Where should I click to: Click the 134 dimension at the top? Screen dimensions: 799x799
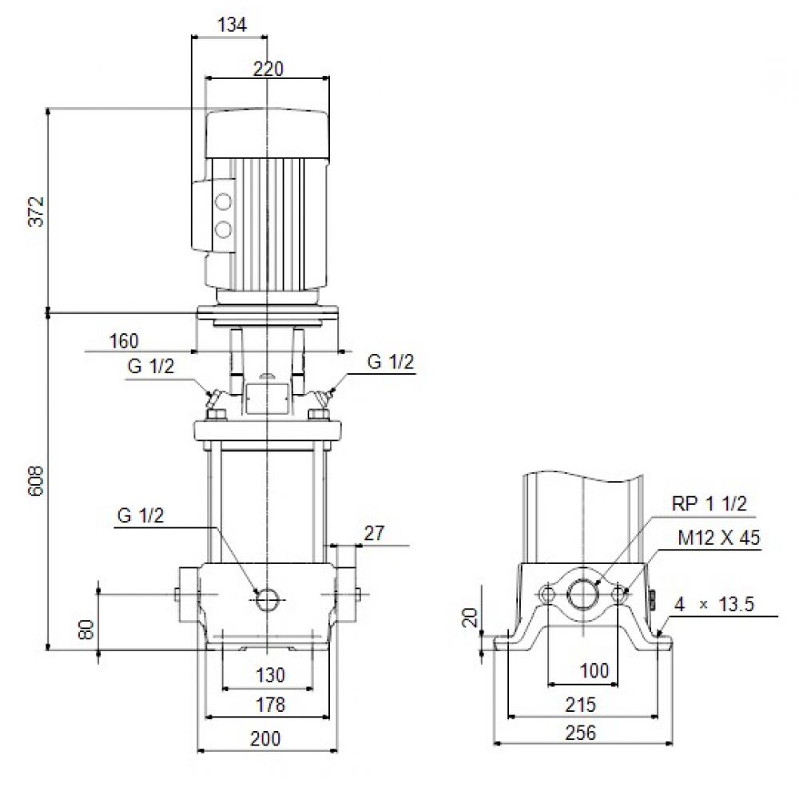point(232,26)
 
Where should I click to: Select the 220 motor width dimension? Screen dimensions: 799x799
point(268,69)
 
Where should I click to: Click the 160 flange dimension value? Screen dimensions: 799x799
point(123,342)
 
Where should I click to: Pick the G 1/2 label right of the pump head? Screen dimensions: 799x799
point(391,362)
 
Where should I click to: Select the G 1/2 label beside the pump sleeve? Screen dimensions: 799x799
point(140,517)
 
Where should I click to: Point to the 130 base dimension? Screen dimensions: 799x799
point(270,676)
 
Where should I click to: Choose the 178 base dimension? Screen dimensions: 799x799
point(269,705)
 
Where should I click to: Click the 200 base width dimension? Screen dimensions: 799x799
point(265,739)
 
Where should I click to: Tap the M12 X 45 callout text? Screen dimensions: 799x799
point(718,539)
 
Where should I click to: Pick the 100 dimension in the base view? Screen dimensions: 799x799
point(593,671)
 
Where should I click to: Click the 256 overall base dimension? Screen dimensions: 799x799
point(580,733)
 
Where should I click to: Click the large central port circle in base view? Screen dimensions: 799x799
point(583,595)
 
